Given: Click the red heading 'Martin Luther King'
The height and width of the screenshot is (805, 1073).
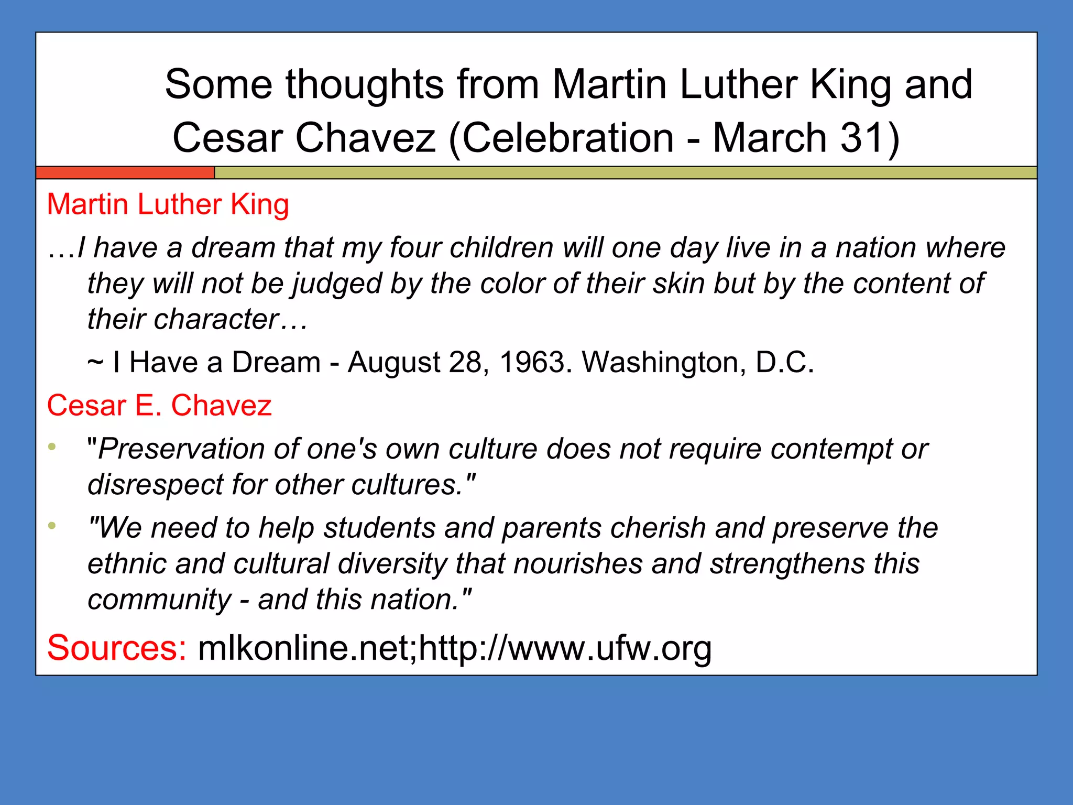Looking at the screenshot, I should pos(168,204).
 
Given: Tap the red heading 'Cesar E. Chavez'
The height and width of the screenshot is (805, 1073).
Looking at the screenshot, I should pos(159,406).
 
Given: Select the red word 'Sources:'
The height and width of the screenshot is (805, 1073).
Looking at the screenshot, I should pos(116,648).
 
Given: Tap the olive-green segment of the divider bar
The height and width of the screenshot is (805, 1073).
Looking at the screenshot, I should pos(623,172).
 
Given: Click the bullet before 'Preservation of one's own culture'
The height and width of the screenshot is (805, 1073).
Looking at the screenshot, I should pos(52,447).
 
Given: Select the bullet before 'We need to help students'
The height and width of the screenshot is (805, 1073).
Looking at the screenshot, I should pos(52,526).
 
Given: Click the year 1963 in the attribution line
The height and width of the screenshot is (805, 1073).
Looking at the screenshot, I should pos(532,362).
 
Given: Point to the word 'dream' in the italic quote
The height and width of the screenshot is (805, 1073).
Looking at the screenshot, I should pos(233,247).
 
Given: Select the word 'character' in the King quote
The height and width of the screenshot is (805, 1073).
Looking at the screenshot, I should pos(216,319).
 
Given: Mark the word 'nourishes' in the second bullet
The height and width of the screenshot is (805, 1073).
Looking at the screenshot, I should pos(578,564).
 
